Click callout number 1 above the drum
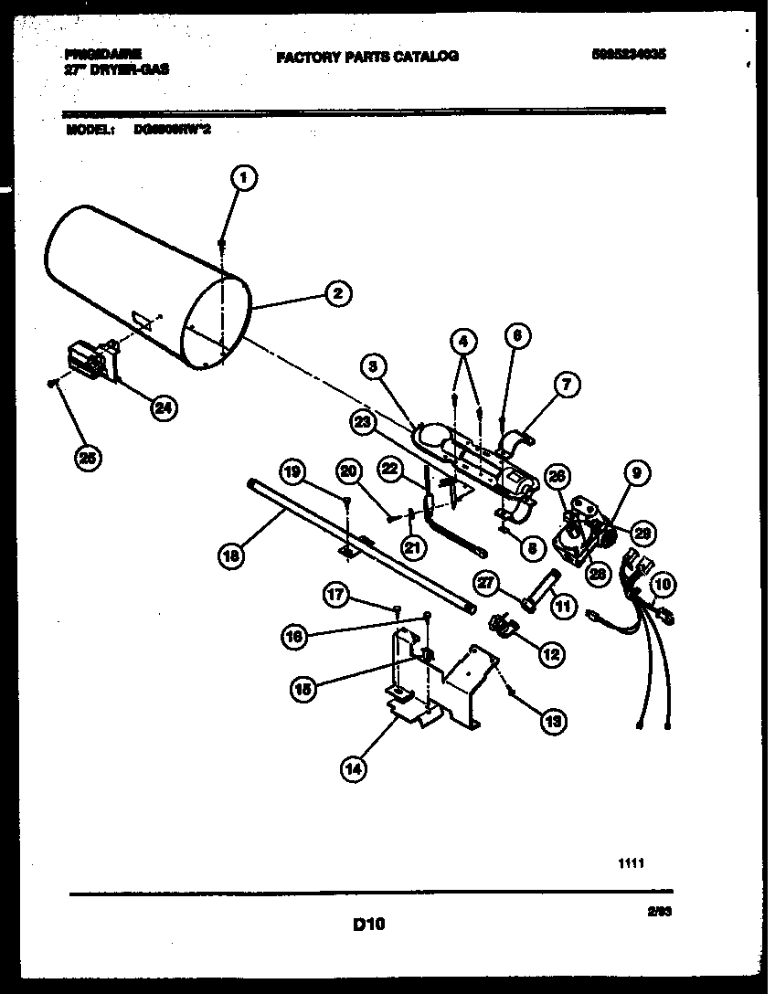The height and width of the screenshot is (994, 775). coord(243,179)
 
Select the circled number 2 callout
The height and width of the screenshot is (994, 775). coord(337,293)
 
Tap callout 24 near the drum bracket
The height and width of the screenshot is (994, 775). coord(164,408)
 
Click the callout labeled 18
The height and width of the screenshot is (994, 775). coord(232,555)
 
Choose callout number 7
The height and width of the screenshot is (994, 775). coord(566,386)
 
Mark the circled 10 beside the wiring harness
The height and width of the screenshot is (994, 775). coord(663,582)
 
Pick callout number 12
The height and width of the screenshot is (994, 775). coord(551,654)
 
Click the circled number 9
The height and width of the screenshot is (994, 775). coord(636,473)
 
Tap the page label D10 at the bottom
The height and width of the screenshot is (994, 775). coord(368,925)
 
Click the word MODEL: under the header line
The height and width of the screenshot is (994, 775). coord(90,130)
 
